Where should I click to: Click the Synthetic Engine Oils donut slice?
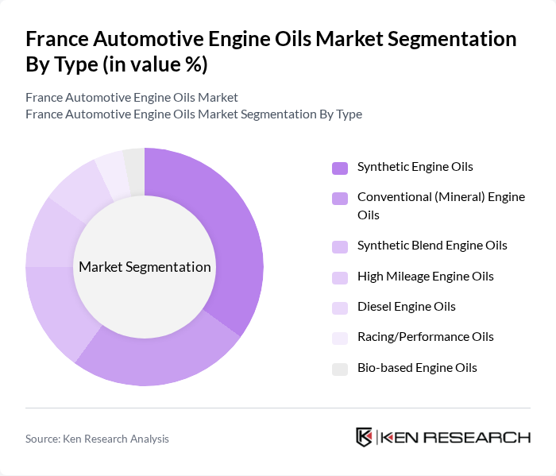pyautogui.click(x=230, y=230)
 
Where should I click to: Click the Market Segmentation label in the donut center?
pyautogui.click(x=145, y=267)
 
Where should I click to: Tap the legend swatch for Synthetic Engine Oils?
pyautogui.click(x=340, y=168)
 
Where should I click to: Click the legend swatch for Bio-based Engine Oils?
pyautogui.click(x=340, y=369)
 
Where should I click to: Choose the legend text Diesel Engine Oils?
pyautogui.click(x=406, y=307)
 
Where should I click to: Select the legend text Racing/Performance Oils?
pyautogui.click(x=425, y=337)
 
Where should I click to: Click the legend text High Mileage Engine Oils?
pyautogui.click(x=425, y=277)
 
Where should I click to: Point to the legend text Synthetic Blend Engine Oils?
pyautogui.click(x=431, y=246)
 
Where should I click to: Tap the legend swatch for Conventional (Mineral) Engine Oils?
pyautogui.click(x=340, y=198)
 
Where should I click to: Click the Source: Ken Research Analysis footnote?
pyautogui.click(x=97, y=439)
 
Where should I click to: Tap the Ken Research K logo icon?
pyautogui.click(x=364, y=437)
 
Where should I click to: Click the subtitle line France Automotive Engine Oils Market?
pyautogui.click(x=132, y=98)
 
